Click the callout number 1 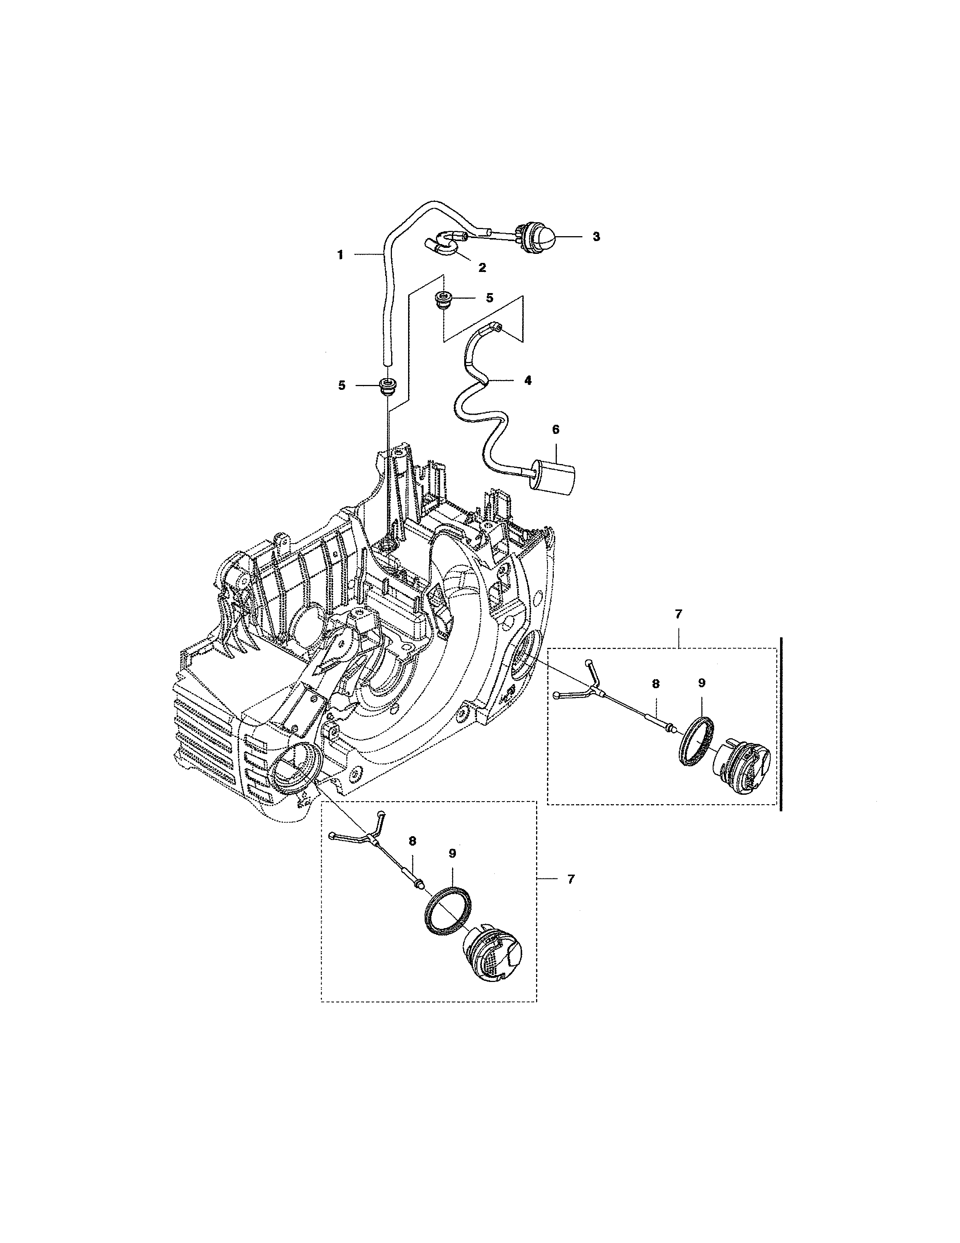tap(340, 255)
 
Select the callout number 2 tap(482, 268)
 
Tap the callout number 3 tap(596, 237)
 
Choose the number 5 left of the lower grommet tap(341, 385)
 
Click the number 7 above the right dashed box tap(678, 615)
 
